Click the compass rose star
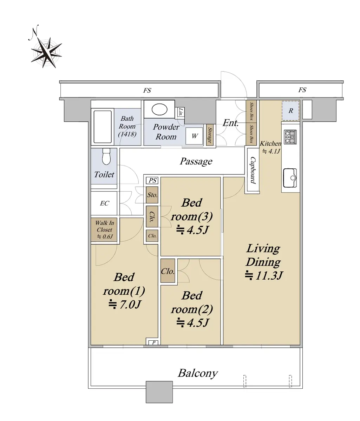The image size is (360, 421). (x=47, y=53)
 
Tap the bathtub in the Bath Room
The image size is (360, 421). (x=103, y=127)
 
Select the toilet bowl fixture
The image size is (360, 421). (x=106, y=156)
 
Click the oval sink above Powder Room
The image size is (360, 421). (x=159, y=109)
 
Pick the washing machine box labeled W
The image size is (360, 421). (x=194, y=136)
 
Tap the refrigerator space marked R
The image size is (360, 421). (x=290, y=111)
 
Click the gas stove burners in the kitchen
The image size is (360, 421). (x=290, y=137)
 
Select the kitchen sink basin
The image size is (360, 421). (x=290, y=178)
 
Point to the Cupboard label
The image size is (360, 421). (x=253, y=170)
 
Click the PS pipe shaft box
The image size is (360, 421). (x=152, y=180)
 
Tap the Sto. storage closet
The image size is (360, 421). (x=152, y=195)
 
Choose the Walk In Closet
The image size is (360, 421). (x=104, y=230)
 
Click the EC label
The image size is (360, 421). (x=104, y=203)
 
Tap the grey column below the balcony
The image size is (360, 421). (x=159, y=392)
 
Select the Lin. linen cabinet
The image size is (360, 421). (x=180, y=112)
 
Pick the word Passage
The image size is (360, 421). (x=196, y=161)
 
